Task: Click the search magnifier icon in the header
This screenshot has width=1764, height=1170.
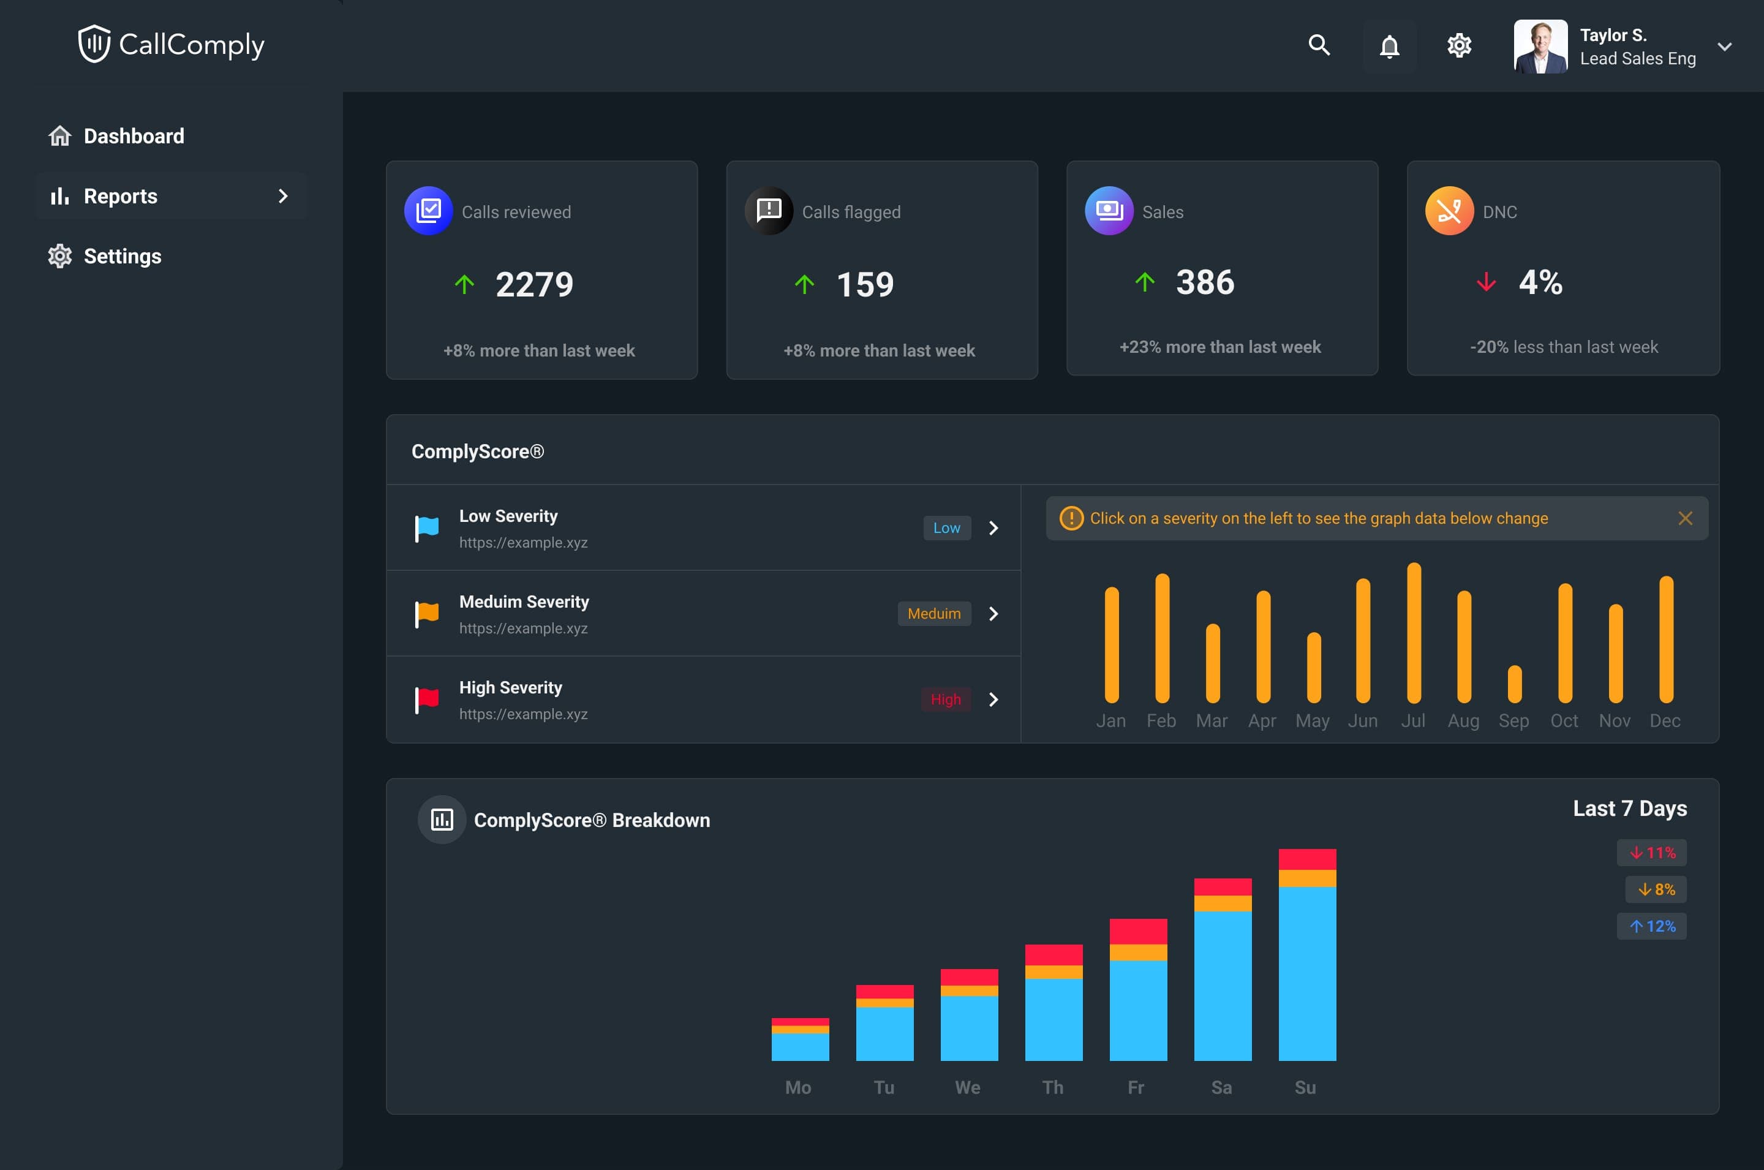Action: pos(1319,45)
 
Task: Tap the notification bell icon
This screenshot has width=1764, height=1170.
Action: pos(1389,47)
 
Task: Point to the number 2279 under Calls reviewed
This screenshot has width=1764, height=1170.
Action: pos(534,284)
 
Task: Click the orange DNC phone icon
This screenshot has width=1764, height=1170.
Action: pos(1449,211)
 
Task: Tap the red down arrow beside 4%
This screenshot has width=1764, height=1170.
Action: pos(1486,282)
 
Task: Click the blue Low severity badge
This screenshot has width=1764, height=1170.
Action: pos(946,527)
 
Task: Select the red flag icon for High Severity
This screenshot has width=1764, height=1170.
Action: pos(427,699)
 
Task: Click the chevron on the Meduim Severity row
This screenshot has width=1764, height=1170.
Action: pos(993,613)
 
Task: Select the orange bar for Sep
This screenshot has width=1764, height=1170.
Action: pos(1514,684)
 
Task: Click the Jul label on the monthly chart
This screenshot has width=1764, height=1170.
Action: pos(1412,721)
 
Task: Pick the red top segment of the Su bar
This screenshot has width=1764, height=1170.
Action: pos(1307,859)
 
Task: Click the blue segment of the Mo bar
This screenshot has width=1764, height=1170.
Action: pos(799,1046)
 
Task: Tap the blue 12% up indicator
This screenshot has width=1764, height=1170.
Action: pos(1651,926)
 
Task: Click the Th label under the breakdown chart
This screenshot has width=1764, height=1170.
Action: pos(1052,1087)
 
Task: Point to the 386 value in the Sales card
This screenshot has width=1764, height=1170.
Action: pos(1205,282)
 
